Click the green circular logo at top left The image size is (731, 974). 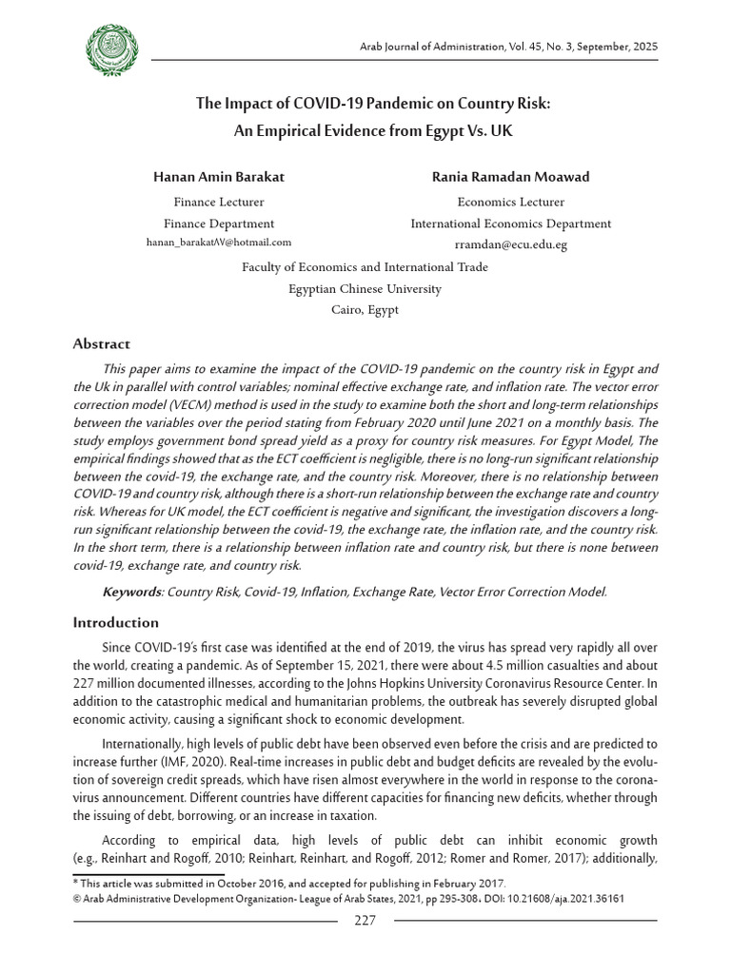(112, 51)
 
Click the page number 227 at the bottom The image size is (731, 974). (365, 920)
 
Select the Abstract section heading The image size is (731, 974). (102, 344)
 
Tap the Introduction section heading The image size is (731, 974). (116, 622)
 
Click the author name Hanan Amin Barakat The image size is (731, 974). (219, 177)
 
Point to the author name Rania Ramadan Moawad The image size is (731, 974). (510, 177)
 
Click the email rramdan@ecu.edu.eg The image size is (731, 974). (510, 244)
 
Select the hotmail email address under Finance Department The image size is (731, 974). (219, 243)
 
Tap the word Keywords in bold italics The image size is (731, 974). (132, 592)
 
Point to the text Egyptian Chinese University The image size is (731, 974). (365, 288)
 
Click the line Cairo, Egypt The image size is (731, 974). (365, 309)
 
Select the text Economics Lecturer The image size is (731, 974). (510, 202)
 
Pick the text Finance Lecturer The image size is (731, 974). (219, 202)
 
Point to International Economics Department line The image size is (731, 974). (510, 224)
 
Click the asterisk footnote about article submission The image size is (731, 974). (290, 884)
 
